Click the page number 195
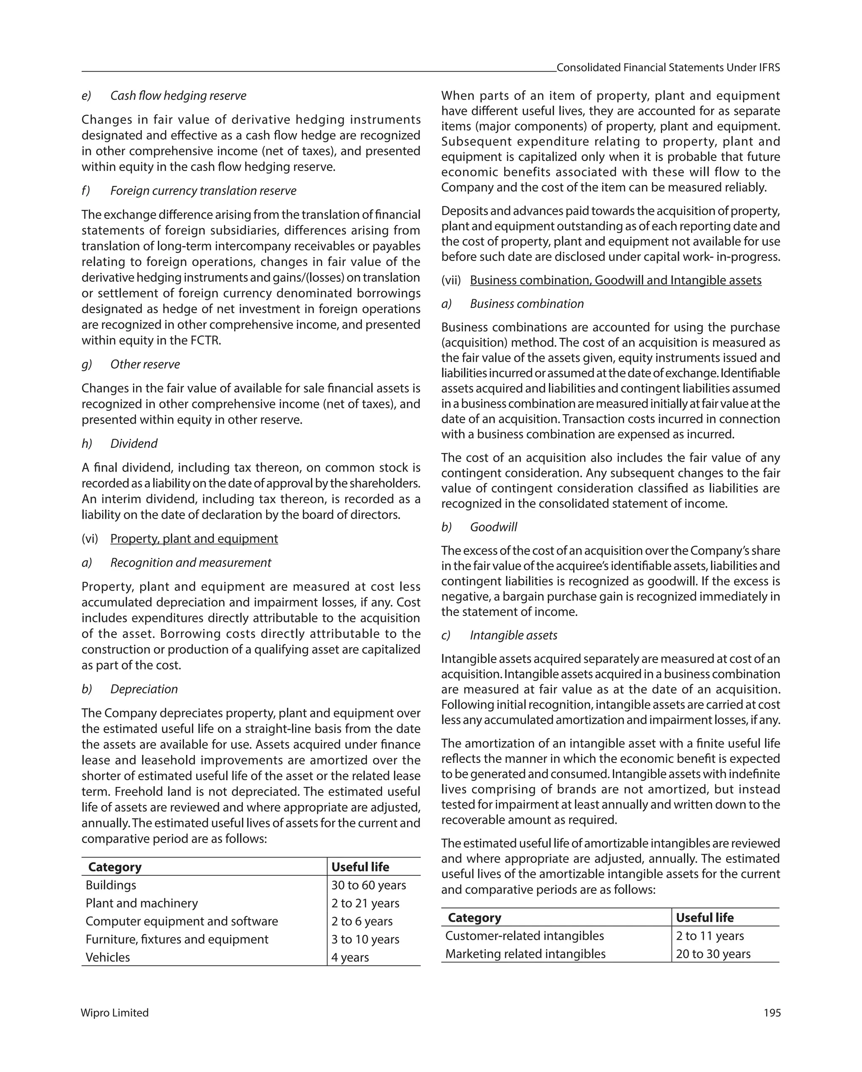click(772, 1013)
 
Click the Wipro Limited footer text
click(114, 1013)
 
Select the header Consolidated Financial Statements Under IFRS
click(668, 68)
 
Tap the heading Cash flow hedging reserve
click(178, 96)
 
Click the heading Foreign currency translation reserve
click(203, 191)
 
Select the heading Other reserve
click(145, 365)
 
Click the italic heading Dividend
click(134, 443)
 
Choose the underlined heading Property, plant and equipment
click(194, 539)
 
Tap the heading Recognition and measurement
click(190, 563)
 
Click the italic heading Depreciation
click(144, 689)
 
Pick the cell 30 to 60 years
click(368, 885)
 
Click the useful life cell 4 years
click(350, 957)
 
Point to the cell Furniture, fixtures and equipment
click(176, 939)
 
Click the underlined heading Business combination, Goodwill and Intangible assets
click(615, 280)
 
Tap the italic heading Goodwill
click(493, 527)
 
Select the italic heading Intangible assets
click(513, 635)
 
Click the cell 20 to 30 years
click(713, 954)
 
